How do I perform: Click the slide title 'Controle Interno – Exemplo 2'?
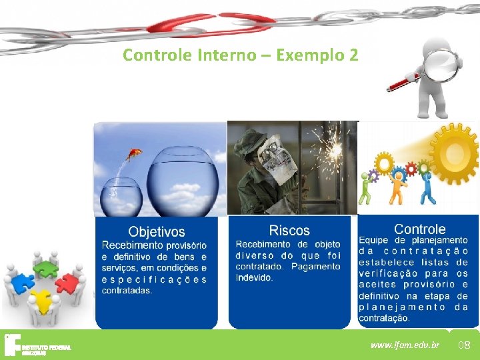[240, 55]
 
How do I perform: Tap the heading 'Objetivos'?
[157, 232]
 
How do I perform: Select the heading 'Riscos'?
[289, 231]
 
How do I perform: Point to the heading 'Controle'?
[419, 229]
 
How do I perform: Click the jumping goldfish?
[135, 155]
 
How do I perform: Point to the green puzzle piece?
[46, 268]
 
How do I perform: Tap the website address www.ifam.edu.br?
[405, 345]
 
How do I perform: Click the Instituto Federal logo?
[37, 345]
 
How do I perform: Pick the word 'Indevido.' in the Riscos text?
[254, 278]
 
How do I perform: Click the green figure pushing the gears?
[365, 189]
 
